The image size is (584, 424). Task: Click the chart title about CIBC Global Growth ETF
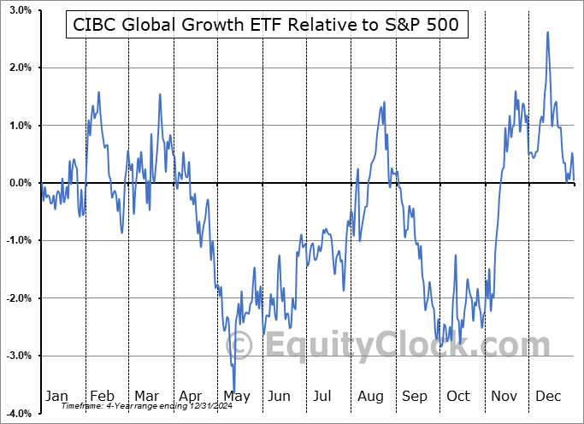pos(266,26)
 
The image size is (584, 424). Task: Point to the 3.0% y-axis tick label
pos(21,10)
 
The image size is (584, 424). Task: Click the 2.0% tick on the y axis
pos(21,68)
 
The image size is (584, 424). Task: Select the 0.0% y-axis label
pos(21,183)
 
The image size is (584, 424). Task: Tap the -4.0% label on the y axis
pos(19,413)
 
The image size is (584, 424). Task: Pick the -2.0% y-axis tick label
pos(19,298)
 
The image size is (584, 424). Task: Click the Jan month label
pos(56,396)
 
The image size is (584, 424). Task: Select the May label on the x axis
pos(236,396)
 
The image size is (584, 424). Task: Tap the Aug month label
pos(371,396)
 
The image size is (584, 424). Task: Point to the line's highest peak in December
pos(547,32)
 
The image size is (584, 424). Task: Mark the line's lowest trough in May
pos(234,389)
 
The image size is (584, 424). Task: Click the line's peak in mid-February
pos(99,92)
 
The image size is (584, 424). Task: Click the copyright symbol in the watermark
pos(240,346)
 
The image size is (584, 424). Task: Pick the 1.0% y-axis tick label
pos(21,126)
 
